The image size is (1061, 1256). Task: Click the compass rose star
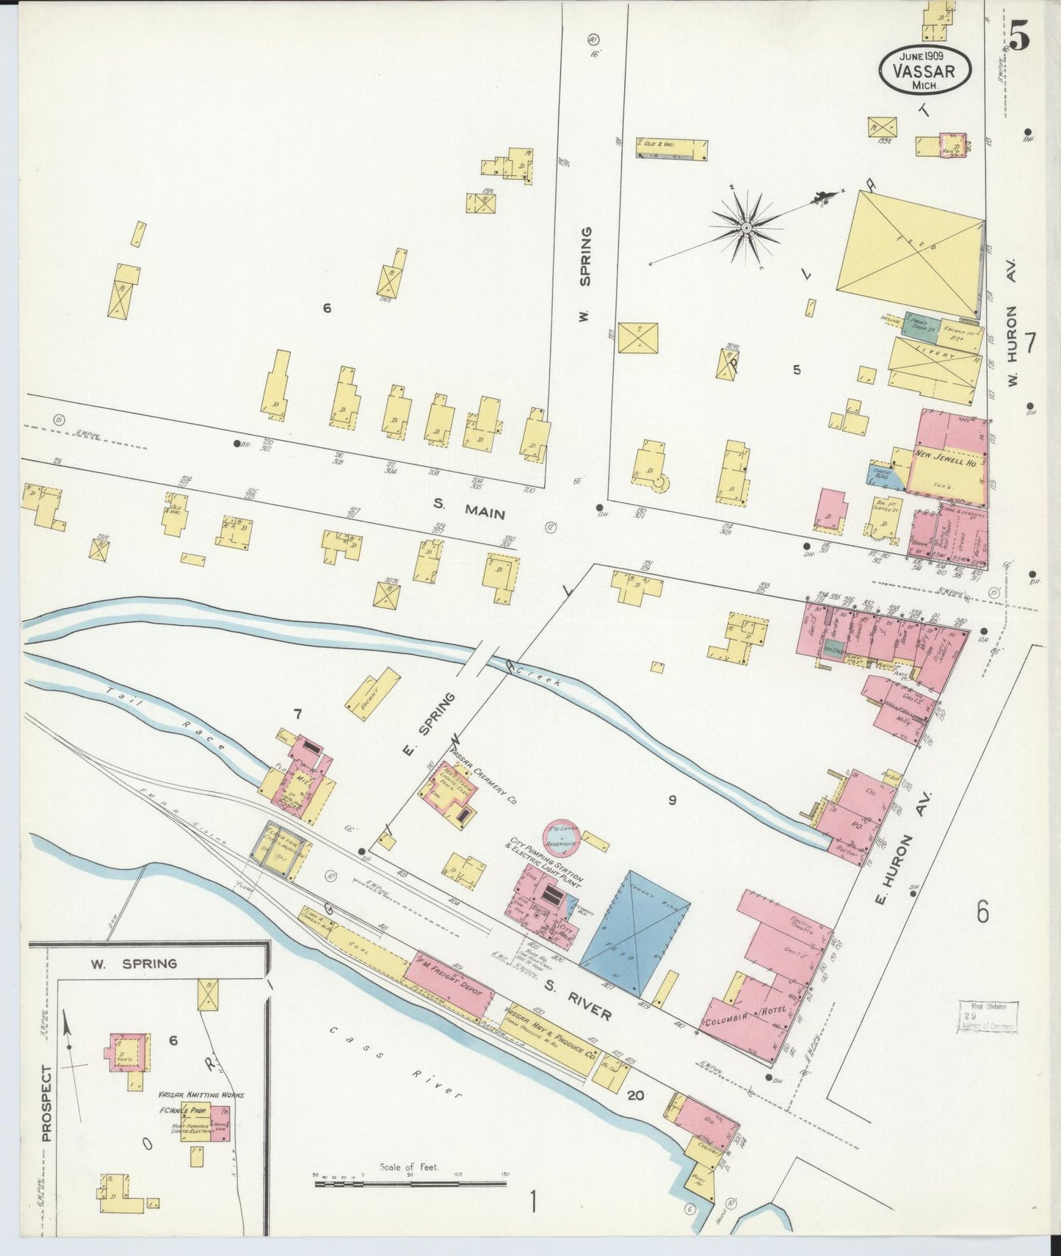pyautogui.click(x=746, y=228)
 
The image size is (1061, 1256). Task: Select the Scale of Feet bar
pyautogui.click(x=409, y=1184)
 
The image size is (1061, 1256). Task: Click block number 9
pyautogui.click(x=671, y=800)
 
